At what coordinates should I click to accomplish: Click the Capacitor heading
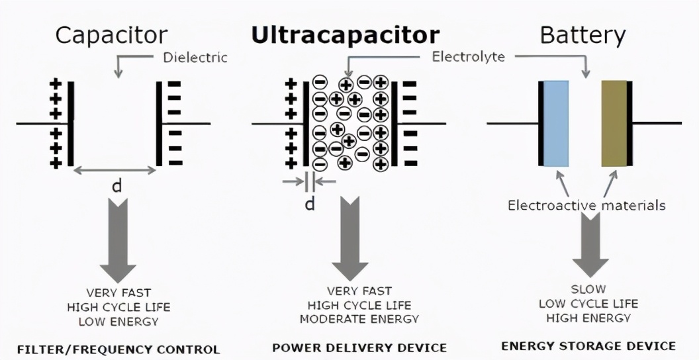[111, 35]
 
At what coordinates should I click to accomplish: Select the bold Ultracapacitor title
[344, 35]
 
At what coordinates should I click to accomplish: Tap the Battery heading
[582, 35]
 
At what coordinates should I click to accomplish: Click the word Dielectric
[195, 58]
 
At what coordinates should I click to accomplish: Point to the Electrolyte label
[468, 56]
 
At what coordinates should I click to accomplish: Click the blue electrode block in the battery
[555, 124]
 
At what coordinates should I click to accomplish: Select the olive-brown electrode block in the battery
[614, 124]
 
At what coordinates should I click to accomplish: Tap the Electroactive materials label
[586, 205]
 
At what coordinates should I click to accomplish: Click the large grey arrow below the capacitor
[118, 245]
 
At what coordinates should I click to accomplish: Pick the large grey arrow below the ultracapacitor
[349, 245]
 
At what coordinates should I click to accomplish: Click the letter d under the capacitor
[117, 186]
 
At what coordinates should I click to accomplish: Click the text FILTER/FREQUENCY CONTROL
[118, 349]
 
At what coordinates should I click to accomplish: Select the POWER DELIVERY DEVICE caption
[359, 347]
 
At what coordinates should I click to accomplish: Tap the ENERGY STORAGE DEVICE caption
[588, 345]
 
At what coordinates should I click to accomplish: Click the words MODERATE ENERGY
[359, 319]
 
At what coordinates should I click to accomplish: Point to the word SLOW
[588, 290]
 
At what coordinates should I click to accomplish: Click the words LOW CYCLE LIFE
[588, 304]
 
